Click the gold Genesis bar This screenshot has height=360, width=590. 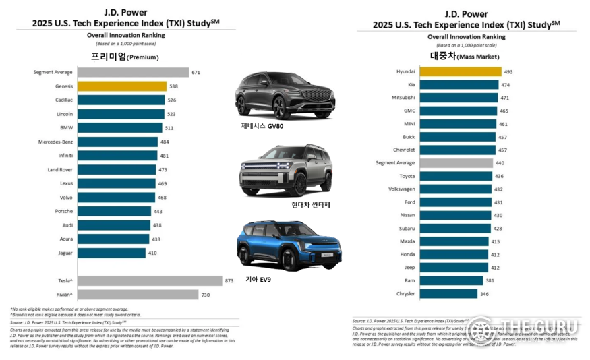pyautogui.click(x=121, y=86)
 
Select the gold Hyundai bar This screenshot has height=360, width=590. pyautogui.click(x=460, y=71)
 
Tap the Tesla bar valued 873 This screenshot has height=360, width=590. pyautogui.click(x=150, y=280)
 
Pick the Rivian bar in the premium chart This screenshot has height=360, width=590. pyautogui.click(x=138, y=295)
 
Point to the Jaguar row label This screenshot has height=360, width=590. pyautogui.click(x=65, y=253)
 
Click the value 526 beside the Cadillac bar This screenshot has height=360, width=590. pyautogui.click(x=172, y=100)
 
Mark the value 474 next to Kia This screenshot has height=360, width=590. pyautogui.click(x=506, y=84)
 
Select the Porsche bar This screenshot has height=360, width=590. pyautogui.click(x=114, y=211)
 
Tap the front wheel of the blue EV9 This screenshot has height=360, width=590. pyautogui.click(x=295, y=259)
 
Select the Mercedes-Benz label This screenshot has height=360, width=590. pyautogui.click(x=56, y=142)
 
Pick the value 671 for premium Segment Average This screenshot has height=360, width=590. pyautogui.click(x=196, y=72)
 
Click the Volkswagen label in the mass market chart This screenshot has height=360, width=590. pyautogui.click(x=402, y=189)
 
